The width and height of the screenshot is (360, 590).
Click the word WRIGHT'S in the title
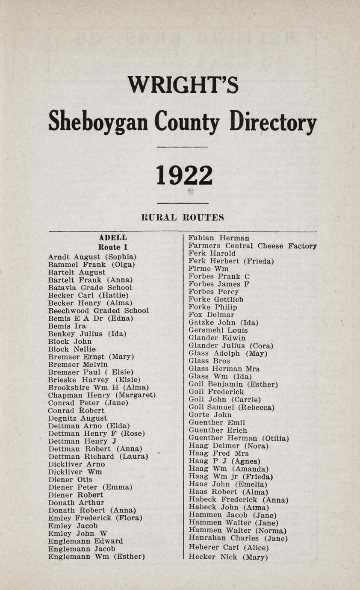click(x=183, y=84)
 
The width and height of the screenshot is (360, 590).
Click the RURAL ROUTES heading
click(x=183, y=218)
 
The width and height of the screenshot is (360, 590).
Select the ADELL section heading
click(x=113, y=238)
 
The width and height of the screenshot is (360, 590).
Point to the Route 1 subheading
click(x=113, y=247)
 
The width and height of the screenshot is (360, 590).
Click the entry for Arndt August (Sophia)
click(x=92, y=257)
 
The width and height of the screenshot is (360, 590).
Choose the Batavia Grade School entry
click(x=90, y=288)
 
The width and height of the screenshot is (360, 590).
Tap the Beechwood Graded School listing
click(x=98, y=311)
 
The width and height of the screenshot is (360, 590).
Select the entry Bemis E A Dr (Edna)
click(x=91, y=319)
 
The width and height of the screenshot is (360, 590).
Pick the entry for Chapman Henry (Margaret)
click(x=102, y=395)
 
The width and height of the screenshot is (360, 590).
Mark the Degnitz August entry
click(x=78, y=418)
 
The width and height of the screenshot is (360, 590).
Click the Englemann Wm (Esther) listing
click(x=97, y=557)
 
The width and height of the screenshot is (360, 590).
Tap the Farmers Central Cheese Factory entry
click(x=252, y=246)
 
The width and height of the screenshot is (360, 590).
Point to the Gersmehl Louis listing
click(x=218, y=330)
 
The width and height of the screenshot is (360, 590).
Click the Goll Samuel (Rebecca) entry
click(x=231, y=407)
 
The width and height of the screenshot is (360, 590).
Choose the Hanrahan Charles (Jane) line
click(x=238, y=538)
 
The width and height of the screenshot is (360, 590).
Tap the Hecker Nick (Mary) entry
click(x=228, y=557)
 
